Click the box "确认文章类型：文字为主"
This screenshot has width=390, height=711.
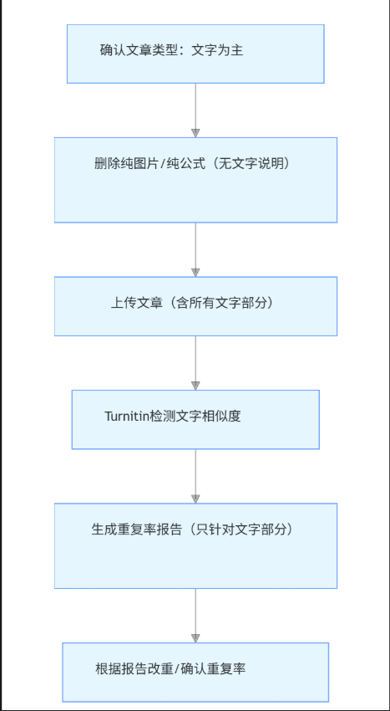coord(195,54)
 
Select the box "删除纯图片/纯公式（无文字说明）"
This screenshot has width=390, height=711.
coord(195,180)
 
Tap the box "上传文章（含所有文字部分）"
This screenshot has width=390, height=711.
coord(195,306)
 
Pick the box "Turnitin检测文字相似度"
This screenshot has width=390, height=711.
coord(195,419)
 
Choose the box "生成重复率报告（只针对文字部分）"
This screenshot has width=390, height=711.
coord(195,546)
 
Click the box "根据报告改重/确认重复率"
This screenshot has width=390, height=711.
coord(195,672)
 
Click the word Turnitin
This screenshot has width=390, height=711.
coord(127,416)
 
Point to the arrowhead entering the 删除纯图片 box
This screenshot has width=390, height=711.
coord(195,133)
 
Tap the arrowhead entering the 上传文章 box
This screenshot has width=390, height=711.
coord(195,273)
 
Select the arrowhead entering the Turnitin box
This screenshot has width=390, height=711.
coord(195,386)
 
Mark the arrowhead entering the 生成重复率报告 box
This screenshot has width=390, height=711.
coord(195,499)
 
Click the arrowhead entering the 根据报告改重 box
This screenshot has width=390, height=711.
coord(195,638)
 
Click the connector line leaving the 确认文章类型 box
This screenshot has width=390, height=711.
coord(195,106)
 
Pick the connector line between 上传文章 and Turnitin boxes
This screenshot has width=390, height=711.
coord(195,359)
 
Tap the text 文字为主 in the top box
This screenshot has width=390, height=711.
coord(217,50)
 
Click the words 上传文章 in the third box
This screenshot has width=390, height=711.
coord(136,303)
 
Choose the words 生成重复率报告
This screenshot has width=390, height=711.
coord(137,529)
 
